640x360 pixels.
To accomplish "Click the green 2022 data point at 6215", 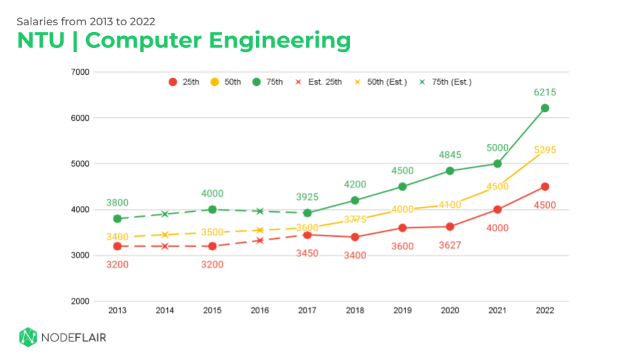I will (x=545, y=108).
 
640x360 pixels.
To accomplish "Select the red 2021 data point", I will (x=497, y=209).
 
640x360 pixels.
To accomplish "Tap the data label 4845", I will (x=450, y=155).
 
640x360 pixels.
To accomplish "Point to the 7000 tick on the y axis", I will (x=81, y=72).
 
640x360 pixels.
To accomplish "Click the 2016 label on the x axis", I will (x=260, y=310).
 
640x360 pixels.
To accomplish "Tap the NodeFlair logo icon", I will (x=27, y=337).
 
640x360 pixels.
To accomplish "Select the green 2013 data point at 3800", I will (x=117, y=219).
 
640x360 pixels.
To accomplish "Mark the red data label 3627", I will (x=450, y=246).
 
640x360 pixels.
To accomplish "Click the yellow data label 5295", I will (x=545, y=150).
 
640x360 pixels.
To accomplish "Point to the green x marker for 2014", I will (x=165, y=214).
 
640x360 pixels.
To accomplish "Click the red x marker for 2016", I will (x=260, y=240).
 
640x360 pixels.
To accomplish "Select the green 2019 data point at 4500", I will (x=403, y=187).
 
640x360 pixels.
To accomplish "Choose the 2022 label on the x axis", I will (x=545, y=310).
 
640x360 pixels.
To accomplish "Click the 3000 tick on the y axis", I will (x=81, y=255).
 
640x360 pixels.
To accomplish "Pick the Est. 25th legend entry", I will (x=322, y=82).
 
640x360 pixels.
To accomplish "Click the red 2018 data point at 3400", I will (x=355, y=237).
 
